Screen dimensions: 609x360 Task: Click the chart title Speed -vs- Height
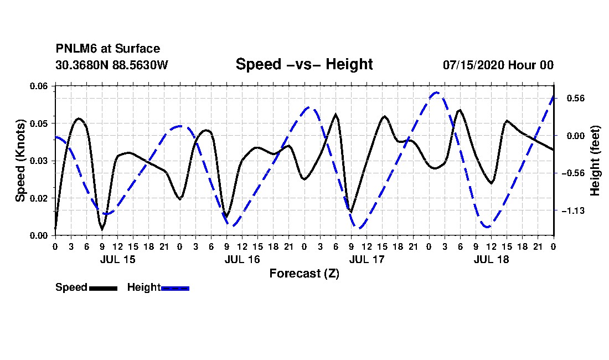304,64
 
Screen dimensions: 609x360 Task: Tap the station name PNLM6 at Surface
108,49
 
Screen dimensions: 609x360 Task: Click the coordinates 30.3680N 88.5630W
112,65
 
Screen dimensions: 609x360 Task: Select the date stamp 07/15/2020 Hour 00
498,65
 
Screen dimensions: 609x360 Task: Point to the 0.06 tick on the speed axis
39,86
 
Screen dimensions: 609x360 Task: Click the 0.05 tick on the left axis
39,124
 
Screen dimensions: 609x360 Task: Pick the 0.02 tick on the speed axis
39,198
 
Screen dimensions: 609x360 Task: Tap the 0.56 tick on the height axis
576,98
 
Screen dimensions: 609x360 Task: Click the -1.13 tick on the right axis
573,211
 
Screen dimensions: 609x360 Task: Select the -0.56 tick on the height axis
573,173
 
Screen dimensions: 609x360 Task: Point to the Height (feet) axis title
595,161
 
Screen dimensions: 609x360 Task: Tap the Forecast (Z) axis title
304,274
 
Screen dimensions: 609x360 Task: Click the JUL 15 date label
118,259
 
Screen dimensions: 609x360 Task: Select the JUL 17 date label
367,259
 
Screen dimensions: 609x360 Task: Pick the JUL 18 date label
491,259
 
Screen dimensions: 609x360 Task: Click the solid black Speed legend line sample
103,289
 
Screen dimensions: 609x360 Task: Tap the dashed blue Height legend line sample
175,289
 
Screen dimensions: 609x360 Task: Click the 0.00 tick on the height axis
576,136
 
